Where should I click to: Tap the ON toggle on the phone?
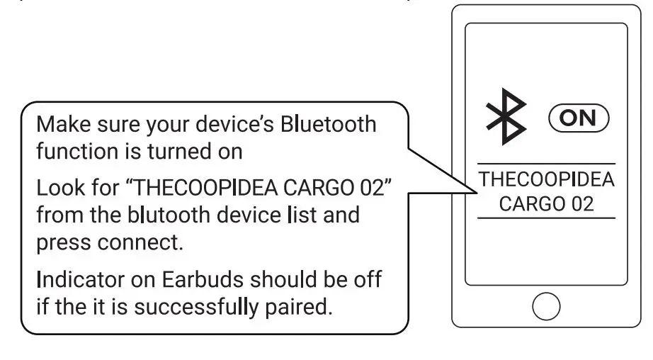(578, 118)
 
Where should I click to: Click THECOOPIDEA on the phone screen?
(546, 180)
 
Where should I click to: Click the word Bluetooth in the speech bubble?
(329, 125)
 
